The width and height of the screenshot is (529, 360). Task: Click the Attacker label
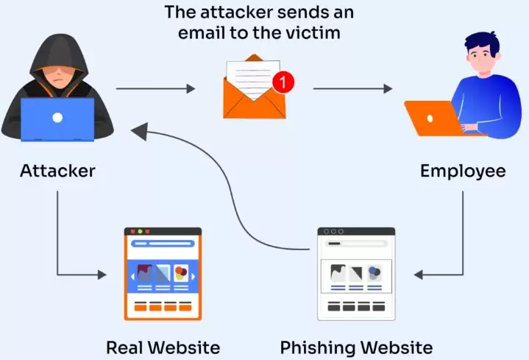(58, 172)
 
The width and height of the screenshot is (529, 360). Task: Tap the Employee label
(463, 172)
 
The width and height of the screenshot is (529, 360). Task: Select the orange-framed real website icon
(163, 273)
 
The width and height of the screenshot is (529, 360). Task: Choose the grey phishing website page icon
(356, 273)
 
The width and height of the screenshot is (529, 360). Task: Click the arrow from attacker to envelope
(155, 89)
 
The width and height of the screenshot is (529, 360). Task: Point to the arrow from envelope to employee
(352, 89)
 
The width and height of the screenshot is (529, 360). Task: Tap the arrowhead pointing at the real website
(102, 275)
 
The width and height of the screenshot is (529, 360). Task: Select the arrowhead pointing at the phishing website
(418, 275)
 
